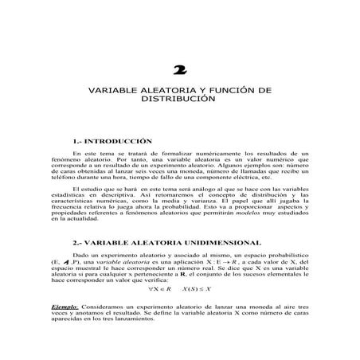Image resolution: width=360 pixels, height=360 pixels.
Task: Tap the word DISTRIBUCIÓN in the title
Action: (179, 104)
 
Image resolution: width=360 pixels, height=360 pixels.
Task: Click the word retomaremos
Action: (179, 194)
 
